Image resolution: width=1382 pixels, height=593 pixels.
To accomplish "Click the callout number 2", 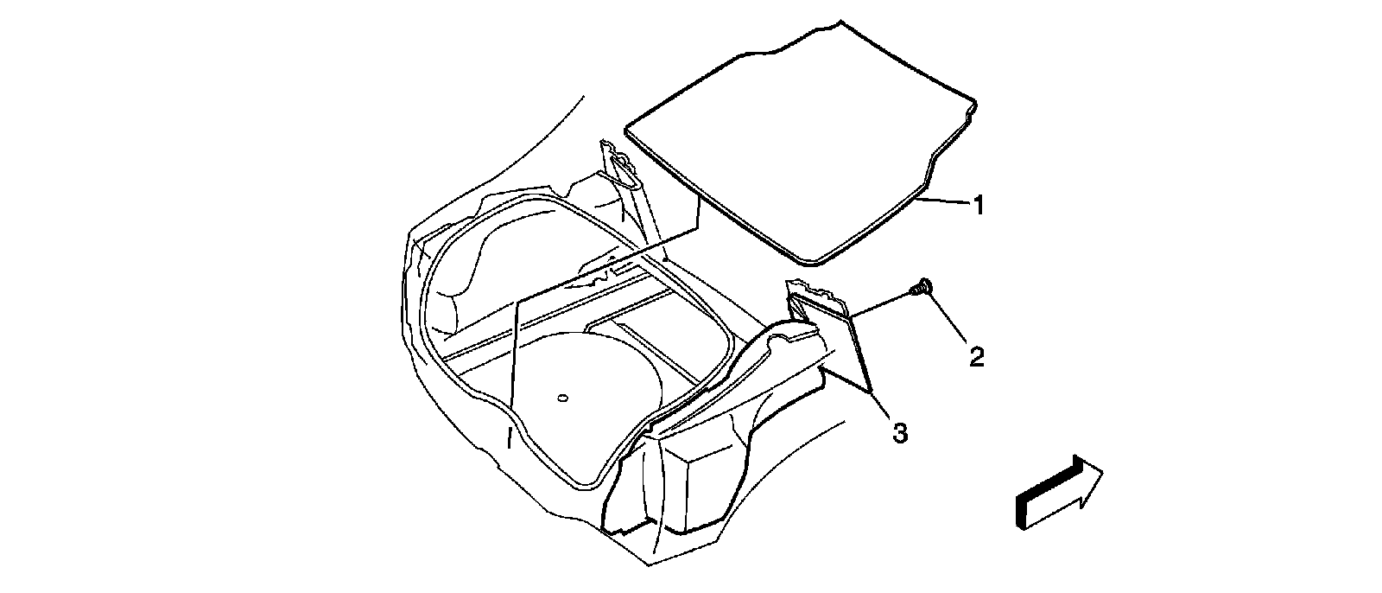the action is (x=976, y=356).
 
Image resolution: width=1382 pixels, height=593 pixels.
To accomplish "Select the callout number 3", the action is (x=900, y=433).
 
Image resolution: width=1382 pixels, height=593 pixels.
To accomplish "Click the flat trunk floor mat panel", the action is (x=795, y=138).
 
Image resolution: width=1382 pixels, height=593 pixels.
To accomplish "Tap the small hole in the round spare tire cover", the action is (x=562, y=398).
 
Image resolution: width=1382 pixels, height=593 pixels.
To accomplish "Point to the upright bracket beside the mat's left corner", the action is (x=622, y=173).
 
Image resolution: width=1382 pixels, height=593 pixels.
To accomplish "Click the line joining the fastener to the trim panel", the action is (x=881, y=304).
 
